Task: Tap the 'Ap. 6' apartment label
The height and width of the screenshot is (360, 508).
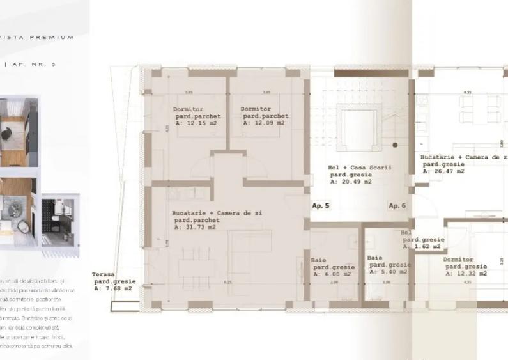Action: click(397, 206)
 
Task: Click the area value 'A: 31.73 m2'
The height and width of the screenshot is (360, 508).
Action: click(194, 226)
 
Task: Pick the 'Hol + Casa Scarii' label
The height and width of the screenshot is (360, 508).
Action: click(360, 168)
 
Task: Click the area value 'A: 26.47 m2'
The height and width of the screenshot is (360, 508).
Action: click(443, 171)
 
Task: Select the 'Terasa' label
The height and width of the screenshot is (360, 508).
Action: click(103, 274)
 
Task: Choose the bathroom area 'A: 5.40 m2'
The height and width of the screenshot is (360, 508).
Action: click(386, 272)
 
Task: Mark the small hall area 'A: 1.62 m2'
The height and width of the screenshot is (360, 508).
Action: click(421, 246)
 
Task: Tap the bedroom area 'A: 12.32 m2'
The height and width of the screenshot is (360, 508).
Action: click(465, 274)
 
